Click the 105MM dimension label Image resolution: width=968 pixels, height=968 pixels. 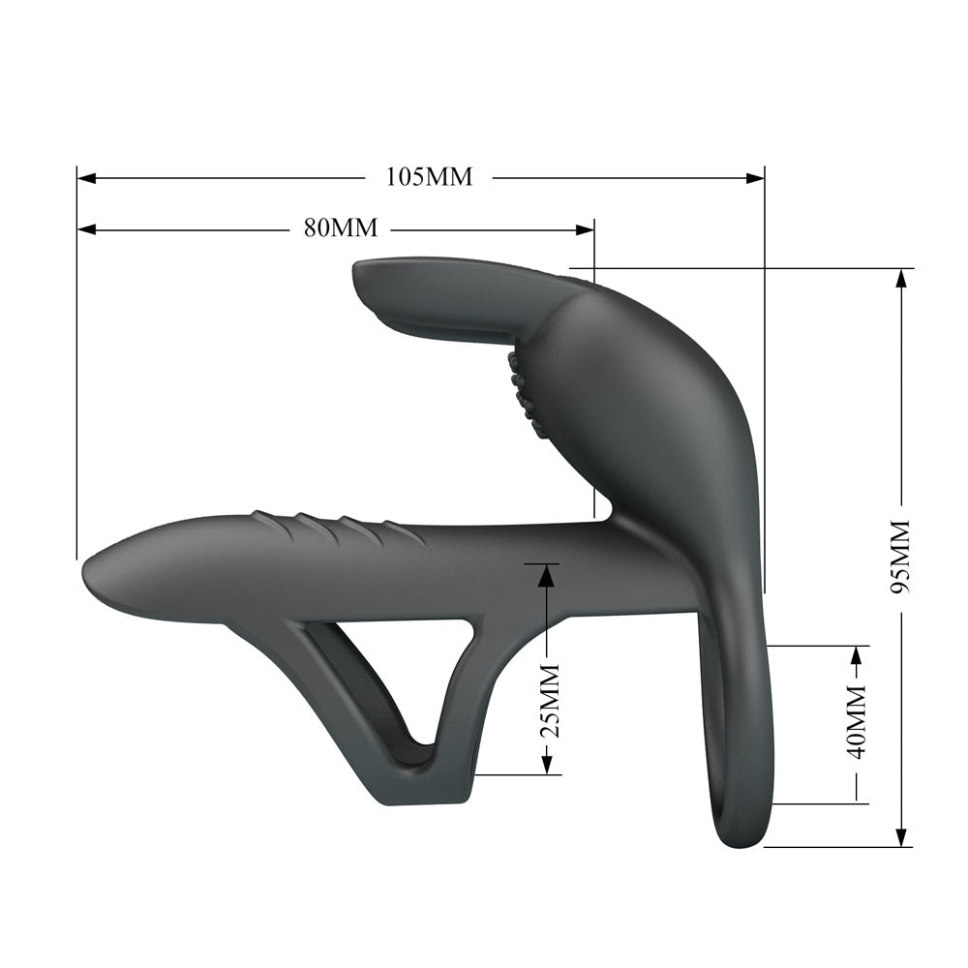[429, 177]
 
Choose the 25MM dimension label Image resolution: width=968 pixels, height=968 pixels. [549, 700]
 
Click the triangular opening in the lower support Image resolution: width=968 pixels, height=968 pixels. [407, 668]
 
